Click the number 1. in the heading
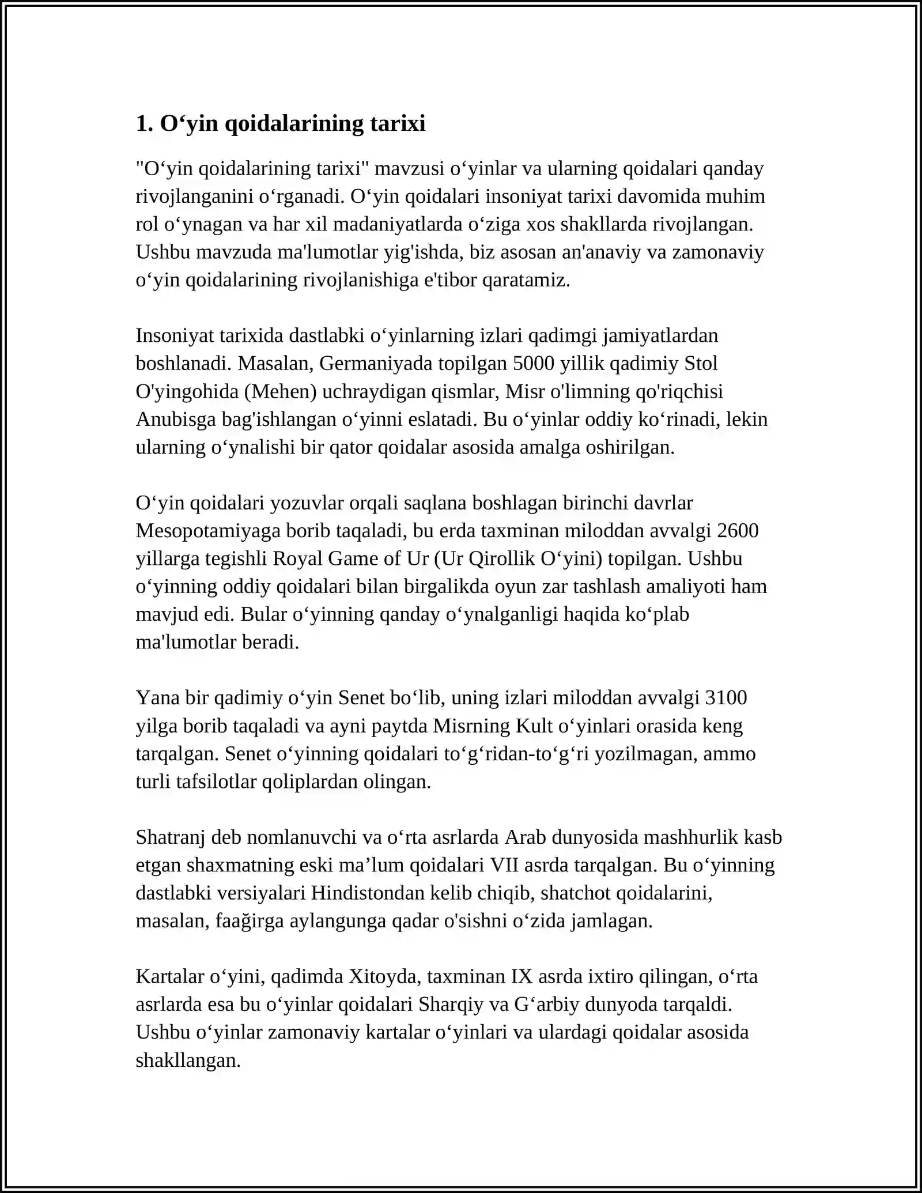click(144, 123)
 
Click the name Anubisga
click(176, 419)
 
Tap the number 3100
click(725, 697)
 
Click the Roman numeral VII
click(503, 865)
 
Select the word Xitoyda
click(382, 976)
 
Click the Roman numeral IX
click(517, 976)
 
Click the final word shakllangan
click(188, 1060)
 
